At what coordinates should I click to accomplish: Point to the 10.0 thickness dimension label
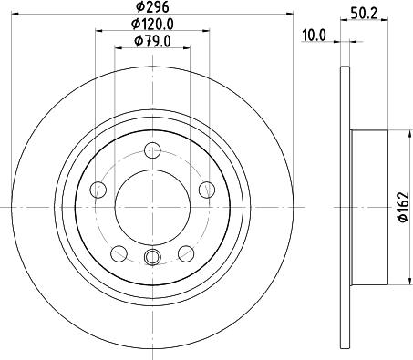click(x=315, y=37)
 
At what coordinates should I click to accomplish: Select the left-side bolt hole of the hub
click(x=98, y=190)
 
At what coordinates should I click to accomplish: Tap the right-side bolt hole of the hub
click(x=207, y=190)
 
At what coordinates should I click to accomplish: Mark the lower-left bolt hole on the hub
click(x=119, y=253)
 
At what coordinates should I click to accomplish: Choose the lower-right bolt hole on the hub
click(x=186, y=253)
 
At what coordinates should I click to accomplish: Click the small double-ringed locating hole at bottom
click(x=153, y=258)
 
